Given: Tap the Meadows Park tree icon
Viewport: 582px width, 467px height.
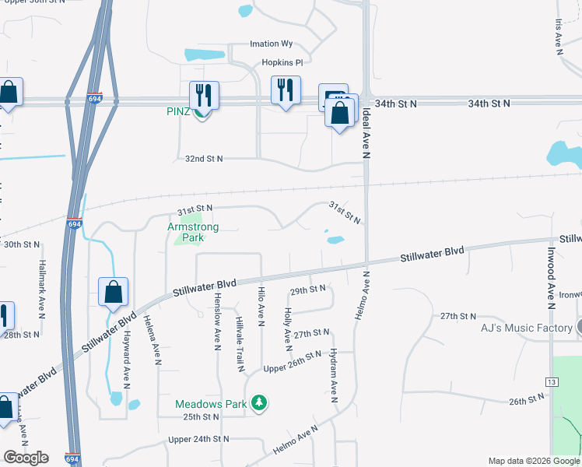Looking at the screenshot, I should (x=260, y=403).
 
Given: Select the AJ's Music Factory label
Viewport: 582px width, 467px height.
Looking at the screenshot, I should (x=527, y=328).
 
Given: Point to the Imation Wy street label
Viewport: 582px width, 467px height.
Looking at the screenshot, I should (x=271, y=44).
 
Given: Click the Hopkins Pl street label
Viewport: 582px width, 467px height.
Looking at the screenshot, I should (x=281, y=61).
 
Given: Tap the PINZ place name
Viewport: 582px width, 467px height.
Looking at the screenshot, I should (x=178, y=111).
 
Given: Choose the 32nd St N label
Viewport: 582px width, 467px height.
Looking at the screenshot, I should (x=204, y=159).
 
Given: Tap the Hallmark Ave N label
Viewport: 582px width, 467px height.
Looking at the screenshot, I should (x=42, y=289).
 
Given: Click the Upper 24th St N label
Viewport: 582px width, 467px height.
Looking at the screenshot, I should (x=199, y=439).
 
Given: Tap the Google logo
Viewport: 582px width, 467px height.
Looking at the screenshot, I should (x=26, y=458).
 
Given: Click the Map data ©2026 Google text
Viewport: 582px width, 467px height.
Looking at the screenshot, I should (x=534, y=461).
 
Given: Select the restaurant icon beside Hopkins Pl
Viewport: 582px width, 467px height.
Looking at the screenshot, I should (x=286, y=90).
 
